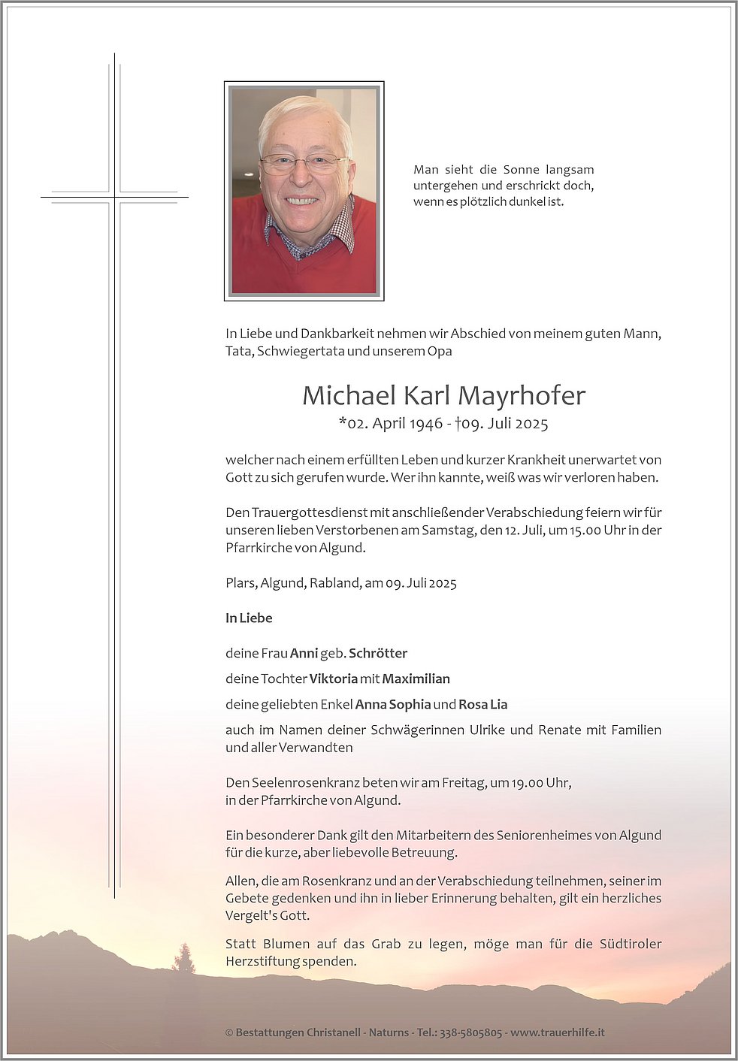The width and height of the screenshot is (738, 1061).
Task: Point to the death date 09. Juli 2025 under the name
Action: pos(505,424)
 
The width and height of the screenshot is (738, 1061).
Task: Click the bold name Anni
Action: pos(304,653)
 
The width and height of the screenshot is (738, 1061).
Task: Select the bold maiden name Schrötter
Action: pos(378,653)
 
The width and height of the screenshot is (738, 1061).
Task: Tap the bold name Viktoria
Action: pos(333,679)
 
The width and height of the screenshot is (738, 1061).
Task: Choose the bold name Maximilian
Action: pos(416,679)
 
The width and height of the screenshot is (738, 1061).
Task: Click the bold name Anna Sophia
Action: pos(393,704)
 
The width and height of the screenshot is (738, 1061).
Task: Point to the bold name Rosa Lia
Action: pos(482,704)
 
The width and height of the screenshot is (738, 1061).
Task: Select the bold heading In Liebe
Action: pos(249,618)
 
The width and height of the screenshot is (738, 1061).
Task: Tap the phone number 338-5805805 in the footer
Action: pos(470,1032)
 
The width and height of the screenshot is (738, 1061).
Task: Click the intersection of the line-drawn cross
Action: pos(115,198)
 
